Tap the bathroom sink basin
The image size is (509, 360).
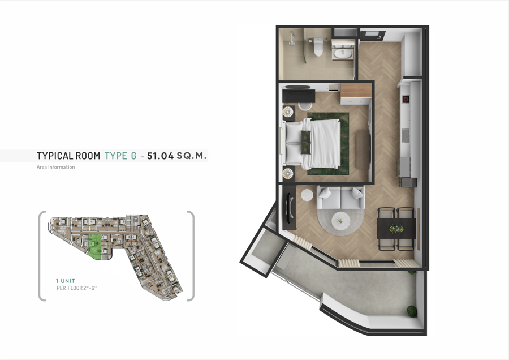point(343,54)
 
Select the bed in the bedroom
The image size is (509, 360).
point(312,143)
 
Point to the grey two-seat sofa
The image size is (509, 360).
point(340,198)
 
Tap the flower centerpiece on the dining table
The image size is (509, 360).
point(396,229)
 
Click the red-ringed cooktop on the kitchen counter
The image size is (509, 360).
point(406,99)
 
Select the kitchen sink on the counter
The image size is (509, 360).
point(406,135)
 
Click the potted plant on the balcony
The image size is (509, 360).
point(412,311)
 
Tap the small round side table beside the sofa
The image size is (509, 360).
point(307,195)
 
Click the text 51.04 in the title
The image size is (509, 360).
point(161,156)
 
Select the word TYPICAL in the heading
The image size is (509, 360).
point(55,156)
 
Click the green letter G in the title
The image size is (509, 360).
point(133,156)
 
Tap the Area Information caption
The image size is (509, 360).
point(56,167)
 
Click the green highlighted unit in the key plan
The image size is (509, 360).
point(95,246)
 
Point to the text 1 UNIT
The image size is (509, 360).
point(65,281)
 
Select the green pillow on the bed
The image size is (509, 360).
point(305,142)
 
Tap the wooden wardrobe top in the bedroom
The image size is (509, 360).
point(356,90)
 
